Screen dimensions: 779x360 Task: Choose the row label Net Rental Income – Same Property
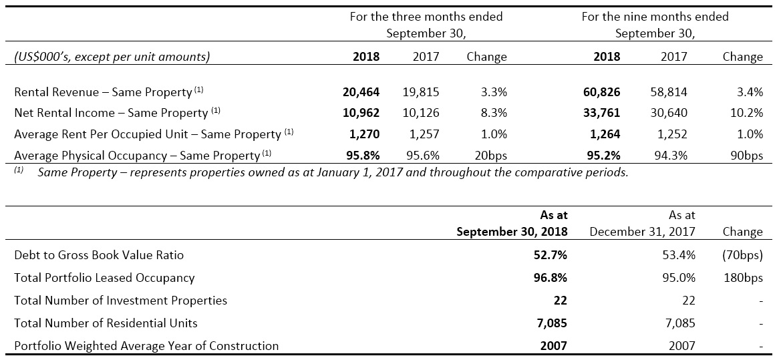click(111, 114)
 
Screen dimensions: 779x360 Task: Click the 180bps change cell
click(743, 278)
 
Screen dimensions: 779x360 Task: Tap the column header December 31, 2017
click(642, 232)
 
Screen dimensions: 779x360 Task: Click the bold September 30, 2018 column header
click(512, 232)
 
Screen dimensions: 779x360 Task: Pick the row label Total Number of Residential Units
click(106, 323)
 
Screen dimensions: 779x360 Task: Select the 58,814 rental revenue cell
click(667, 92)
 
